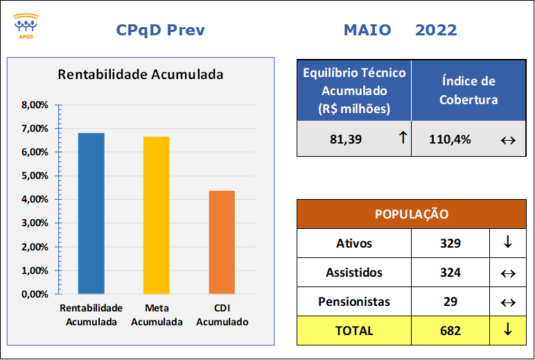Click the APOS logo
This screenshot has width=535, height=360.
[x=26, y=26]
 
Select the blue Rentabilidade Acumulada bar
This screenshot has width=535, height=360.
[x=91, y=213]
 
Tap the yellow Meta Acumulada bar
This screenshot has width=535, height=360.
[x=156, y=215]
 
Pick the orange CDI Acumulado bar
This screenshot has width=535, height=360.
[x=222, y=242]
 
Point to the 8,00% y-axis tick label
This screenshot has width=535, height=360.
[x=35, y=105]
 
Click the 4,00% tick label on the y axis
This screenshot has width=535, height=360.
[x=35, y=199]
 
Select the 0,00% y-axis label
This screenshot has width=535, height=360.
[x=35, y=294]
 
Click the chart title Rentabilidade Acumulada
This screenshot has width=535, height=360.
[x=140, y=74]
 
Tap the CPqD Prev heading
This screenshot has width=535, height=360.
[x=160, y=30]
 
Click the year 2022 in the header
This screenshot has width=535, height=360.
[x=436, y=30]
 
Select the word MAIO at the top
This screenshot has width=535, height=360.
[x=367, y=30]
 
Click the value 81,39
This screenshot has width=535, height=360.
[x=346, y=139]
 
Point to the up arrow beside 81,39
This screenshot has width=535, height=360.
[x=403, y=137]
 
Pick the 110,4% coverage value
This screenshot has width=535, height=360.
[x=450, y=139]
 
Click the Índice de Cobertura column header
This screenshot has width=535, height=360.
[x=468, y=90]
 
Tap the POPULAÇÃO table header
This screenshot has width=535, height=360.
[x=412, y=214]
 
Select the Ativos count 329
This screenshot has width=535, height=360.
[x=450, y=243]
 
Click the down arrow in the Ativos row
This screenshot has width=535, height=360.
[x=508, y=241]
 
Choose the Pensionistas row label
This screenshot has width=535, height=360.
[x=354, y=302]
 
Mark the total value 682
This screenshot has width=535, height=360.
[x=450, y=331]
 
